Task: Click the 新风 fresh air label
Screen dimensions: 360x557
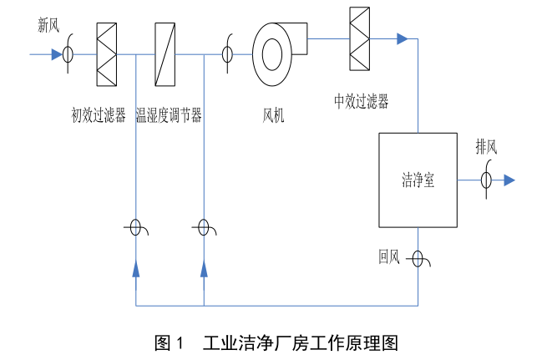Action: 48,25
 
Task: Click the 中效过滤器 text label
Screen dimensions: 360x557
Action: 361,101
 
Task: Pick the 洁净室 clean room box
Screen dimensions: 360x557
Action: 418,180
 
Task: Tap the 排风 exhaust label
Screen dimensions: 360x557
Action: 486,147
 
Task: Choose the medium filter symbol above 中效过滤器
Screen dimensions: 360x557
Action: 359,39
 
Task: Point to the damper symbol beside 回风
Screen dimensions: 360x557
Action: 418,258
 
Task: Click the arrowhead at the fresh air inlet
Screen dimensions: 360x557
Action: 56,55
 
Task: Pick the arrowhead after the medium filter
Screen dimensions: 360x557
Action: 403,38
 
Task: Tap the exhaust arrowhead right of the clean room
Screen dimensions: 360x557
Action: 509,180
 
